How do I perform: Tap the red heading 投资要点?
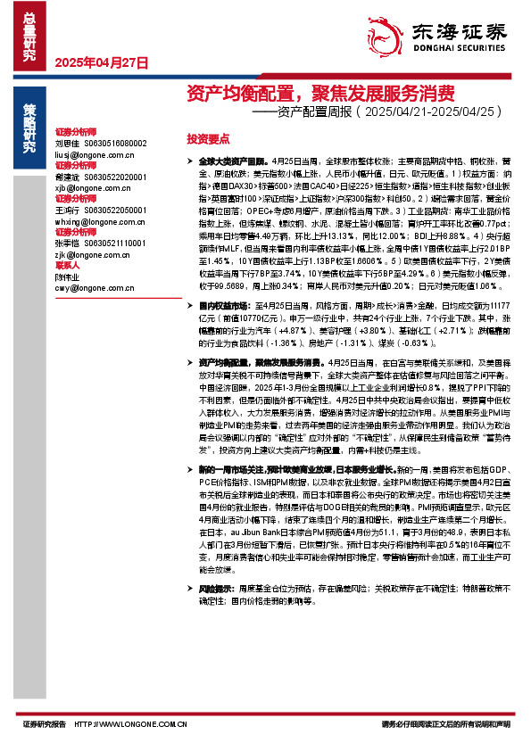(207, 139)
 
